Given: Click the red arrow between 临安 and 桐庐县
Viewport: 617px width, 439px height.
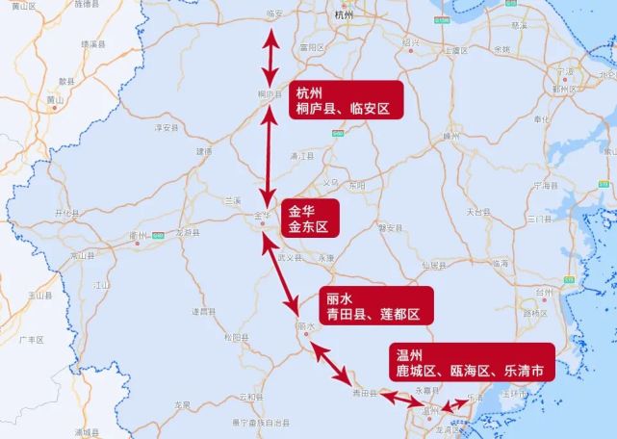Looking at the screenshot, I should [272, 60].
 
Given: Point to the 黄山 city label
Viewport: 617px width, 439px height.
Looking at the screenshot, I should [54, 98].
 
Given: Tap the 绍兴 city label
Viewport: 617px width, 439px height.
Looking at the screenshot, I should [411, 43].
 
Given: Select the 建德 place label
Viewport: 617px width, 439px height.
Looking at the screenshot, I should [204, 151].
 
